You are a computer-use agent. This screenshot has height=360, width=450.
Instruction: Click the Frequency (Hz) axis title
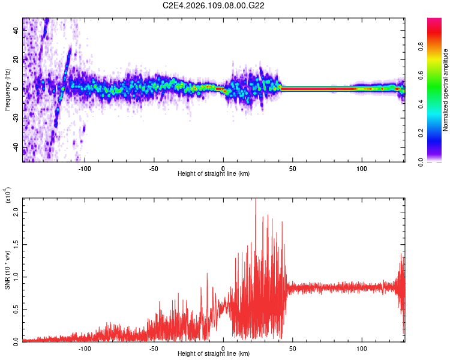click(7, 90)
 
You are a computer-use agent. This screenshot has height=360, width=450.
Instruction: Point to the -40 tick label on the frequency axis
click(17, 148)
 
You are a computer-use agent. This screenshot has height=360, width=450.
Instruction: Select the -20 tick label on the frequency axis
click(17, 118)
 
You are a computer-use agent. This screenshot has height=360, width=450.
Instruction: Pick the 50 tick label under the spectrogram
click(293, 169)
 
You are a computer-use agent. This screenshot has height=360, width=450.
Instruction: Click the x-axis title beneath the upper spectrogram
click(214, 174)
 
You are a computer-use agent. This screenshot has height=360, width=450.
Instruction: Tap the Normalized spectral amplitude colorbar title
click(446, 90)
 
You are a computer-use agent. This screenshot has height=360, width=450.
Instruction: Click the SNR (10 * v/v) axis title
click(7, 270)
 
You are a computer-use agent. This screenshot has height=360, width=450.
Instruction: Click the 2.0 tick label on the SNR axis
click(17, 212)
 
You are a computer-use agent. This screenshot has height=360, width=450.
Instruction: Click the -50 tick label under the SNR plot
click(154, 347)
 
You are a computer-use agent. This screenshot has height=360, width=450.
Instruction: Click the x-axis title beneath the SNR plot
click(214, 354)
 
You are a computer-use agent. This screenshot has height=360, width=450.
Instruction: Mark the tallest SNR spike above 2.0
click(256, 200)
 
